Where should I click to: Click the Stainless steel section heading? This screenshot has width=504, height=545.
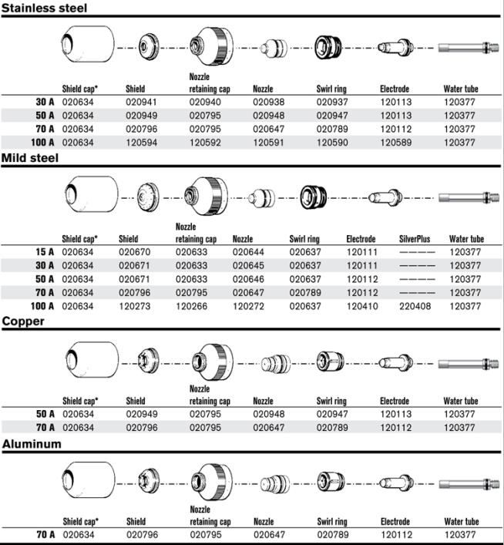click(44, 8)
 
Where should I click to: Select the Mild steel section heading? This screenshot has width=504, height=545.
click(30, 158)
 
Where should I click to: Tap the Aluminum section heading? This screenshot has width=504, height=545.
click(32, 444)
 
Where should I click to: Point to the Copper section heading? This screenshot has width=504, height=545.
click(23, 321)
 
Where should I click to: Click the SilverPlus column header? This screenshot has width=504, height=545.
click(415, 239)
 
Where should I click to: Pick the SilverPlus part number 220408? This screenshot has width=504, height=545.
click(415, 306)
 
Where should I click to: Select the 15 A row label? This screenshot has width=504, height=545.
click(45, 252)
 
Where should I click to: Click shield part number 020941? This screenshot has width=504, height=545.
click(141, 103)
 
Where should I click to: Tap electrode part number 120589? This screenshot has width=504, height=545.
click(396, 143)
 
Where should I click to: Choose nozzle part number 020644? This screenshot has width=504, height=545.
click(248, 252)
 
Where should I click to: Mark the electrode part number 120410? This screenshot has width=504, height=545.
click(362, 306)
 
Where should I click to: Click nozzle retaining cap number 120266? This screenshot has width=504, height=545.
click(192, 306)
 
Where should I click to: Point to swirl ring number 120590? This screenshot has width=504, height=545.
click(332, 143)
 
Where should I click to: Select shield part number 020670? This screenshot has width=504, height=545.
click(135, 252)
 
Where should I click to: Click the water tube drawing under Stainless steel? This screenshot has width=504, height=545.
click(469, 47)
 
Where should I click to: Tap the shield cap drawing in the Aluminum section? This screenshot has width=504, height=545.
click(88, 480)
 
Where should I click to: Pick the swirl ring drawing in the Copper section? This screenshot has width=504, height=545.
click(330, 361)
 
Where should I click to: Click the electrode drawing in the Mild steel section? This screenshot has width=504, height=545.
click(385, 197)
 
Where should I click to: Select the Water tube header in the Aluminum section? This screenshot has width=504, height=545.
click(462, 521)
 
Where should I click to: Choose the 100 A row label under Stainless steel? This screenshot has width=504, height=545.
click(42, 143)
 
